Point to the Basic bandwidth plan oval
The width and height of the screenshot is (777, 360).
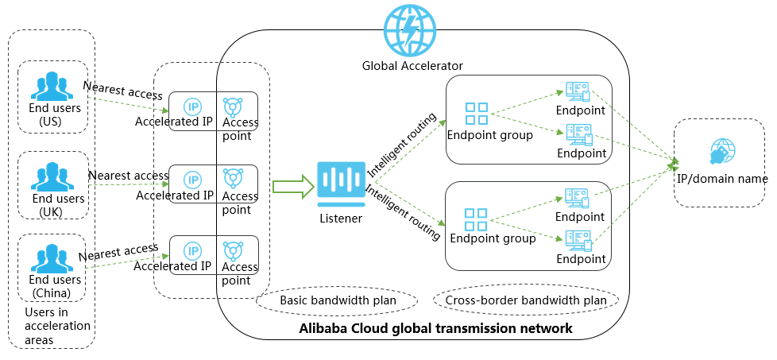tap(337, 301)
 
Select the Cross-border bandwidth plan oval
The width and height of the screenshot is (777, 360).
tap(526, 301)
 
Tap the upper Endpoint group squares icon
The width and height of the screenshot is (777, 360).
tap(477, 114)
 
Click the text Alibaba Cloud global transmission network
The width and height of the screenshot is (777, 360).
tap(435, 328)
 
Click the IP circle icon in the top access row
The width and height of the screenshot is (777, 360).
tap(192, 106)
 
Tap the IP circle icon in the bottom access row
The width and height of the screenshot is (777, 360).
tap(192, 251)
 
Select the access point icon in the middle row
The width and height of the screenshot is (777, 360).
tap(234, 178)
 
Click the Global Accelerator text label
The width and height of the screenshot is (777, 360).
tap(412, 65)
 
